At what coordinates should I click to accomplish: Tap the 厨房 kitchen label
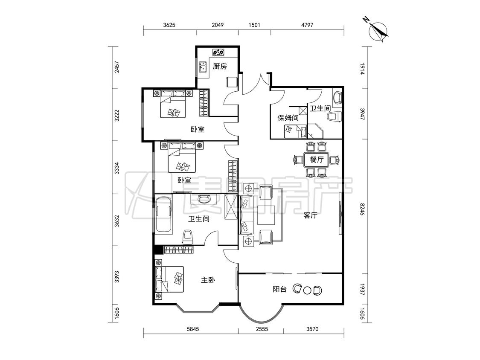click(220, 66)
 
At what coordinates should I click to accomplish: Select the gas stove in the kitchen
click(218, 52)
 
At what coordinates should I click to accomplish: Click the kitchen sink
click(203, 67)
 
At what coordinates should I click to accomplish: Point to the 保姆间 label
click(288, 118)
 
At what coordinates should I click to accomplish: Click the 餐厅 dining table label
click(317, 160)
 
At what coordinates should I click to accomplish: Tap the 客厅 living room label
click(310, 215)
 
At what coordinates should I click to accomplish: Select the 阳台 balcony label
click(279, 289)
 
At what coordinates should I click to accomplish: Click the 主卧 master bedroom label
click(207, 280)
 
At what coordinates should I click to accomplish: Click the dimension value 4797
click(307, 25)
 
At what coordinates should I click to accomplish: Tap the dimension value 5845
click(193, 329)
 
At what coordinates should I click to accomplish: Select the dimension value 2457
click(116, 67)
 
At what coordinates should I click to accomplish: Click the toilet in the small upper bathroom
click(334, 117)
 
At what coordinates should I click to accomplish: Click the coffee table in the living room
click(266, 215)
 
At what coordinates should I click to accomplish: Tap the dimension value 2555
click(262, 329)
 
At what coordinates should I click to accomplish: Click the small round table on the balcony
click(307, 290)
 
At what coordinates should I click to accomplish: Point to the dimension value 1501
click(254, 25)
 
